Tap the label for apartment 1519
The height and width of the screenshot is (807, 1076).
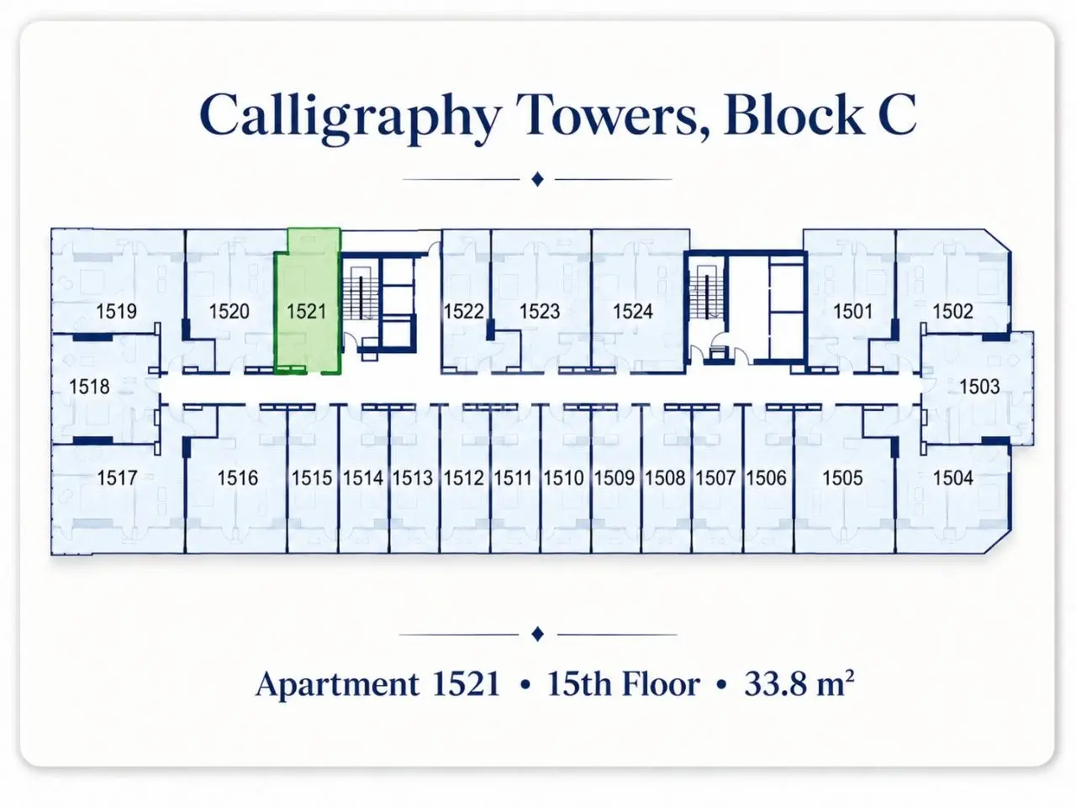[x=116, y=311]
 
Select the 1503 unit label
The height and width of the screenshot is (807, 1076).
[x=979, y=387]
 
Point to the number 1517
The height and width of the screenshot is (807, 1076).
[x=117, y=477]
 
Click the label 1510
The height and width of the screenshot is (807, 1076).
[x=563, y=477]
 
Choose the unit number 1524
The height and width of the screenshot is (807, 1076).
[x=633, y=311]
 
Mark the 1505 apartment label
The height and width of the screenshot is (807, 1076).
[x=842, y=477]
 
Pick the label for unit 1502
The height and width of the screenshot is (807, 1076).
[x=952, y=311]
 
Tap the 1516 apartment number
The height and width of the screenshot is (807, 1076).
[x=237, y=477]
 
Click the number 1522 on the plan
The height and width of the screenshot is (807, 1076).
[x=464, y=311]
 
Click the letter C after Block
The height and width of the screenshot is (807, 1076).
[x=897, y=114]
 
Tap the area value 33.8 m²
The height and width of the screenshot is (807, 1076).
[x=799, y=683]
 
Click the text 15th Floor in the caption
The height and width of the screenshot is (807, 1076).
[x=624, y=683]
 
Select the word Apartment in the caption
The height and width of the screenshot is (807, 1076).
[x=338, y=684]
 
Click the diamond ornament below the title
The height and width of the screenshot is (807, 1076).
[x=537, y=179]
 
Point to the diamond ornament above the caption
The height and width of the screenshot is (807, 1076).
[x=538, y=634]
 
